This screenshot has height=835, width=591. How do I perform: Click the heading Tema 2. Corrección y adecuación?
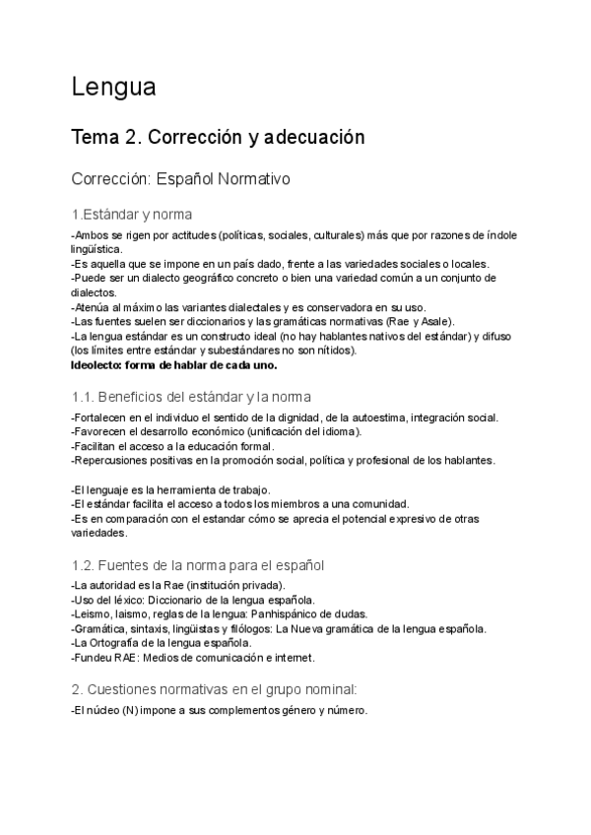[218, 138]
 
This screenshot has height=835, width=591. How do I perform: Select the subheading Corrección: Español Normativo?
[180, 181]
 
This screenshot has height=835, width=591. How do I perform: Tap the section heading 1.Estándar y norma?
[131, 215]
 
